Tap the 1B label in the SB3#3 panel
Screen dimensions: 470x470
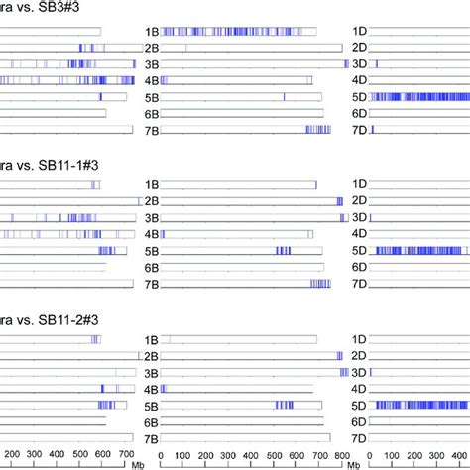[151, 32]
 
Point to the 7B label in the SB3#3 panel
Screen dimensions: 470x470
[151, 130]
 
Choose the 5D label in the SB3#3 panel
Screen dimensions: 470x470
[360, 97]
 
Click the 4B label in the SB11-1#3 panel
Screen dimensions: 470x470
[151, 234]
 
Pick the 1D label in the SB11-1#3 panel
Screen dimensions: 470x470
[360, 184]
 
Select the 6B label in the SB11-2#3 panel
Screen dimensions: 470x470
[151, 421]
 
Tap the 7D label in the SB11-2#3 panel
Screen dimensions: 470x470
[360, 437]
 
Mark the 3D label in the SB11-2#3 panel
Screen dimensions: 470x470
[360, 372]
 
